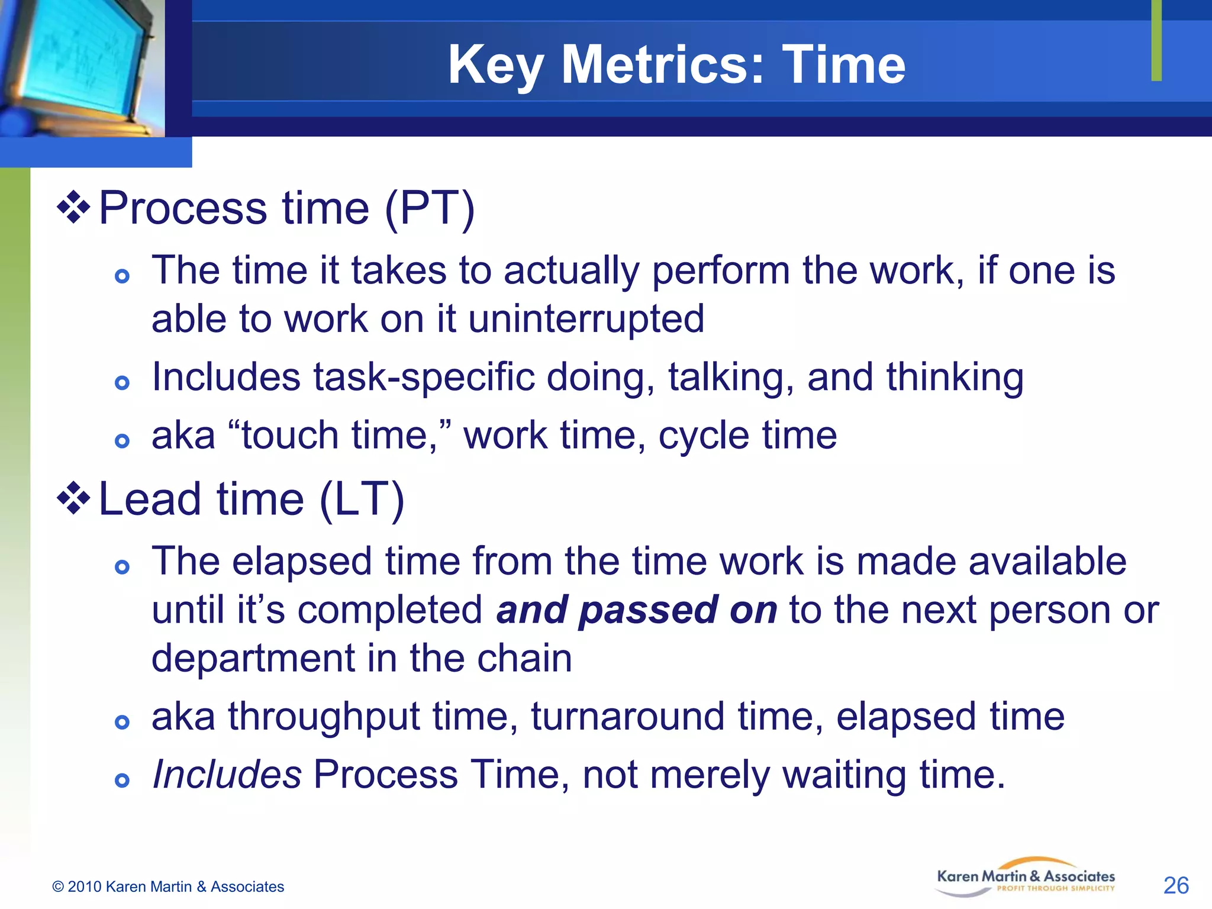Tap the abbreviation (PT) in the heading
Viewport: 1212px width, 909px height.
coord(430,208)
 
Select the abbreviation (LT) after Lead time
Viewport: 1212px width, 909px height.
coord(362,499)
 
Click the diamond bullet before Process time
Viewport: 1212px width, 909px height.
coord(73,207)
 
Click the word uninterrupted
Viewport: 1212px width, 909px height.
coord(586,319)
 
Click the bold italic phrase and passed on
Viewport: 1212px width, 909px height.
coord(637,610)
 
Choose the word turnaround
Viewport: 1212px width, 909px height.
coord(627,717)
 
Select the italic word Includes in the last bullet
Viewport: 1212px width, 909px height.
coord(227,775)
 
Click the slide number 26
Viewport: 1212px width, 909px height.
coord(1175,885)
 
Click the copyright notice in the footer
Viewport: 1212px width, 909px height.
coord(168,887)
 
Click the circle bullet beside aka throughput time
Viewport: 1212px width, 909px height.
coord(122,722)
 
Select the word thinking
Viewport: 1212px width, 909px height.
coord(955,377)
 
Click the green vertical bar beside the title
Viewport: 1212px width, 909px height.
coord(1156,40)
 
